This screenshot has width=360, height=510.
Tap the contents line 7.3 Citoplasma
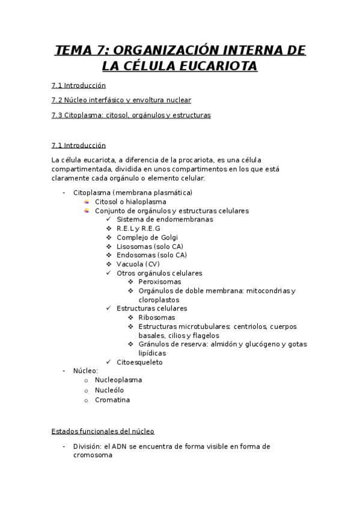(131, 115)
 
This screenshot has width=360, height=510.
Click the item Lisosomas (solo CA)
(150, 247)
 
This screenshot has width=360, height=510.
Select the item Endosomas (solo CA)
(152, 255)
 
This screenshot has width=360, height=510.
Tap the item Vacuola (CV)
(138, 264)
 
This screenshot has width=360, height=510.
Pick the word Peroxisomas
(159, 281)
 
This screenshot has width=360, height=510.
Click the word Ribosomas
(157, 318)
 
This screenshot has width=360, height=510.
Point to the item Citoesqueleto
(139, 362)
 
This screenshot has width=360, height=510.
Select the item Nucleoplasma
(118, 380)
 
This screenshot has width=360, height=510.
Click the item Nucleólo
(109, 390)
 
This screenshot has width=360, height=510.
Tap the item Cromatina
(112, 399)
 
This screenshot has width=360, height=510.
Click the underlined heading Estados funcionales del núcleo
(103, 431)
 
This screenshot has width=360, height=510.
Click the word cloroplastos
(159, 300)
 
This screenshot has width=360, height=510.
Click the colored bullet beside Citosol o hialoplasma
(87, 201)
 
